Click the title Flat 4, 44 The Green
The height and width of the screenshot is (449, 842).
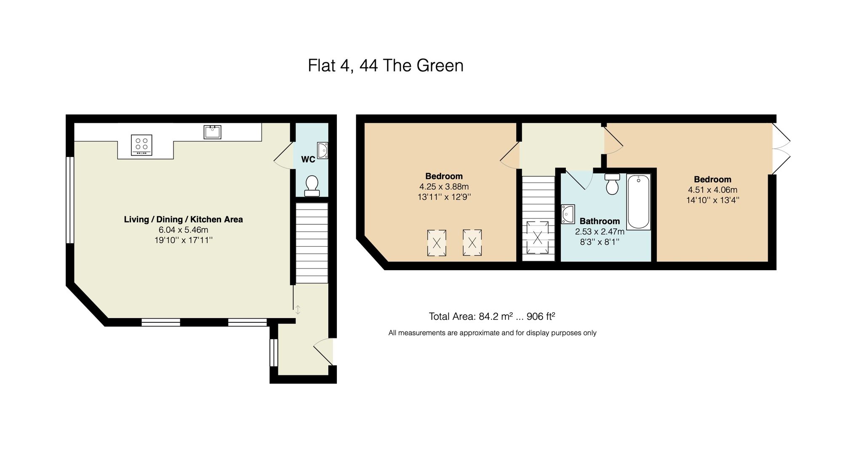coord(385,66)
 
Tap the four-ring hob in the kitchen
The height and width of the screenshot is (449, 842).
coord(141,145)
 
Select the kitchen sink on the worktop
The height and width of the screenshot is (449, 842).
coord(212,132)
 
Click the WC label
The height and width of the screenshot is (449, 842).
coord(308,159)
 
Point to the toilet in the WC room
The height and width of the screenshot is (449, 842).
coord(312,186)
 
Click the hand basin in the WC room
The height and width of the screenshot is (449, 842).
coord(322,150)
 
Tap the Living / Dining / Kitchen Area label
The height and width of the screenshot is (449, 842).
coord(183,219)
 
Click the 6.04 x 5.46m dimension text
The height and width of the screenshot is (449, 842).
coord(183,230)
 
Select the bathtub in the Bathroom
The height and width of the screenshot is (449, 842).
coord(639,202)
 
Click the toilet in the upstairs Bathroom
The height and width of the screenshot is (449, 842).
coord(612,184)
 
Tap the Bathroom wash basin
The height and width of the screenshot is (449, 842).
coord(568,214)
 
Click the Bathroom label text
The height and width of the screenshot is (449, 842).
coord(600,221)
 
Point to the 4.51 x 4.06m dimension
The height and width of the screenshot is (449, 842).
coord(712,190)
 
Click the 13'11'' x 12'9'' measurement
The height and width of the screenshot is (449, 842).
coord(444,197)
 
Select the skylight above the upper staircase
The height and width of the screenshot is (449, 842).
coord(538,237)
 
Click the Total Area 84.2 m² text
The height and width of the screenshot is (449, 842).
coord(491,316)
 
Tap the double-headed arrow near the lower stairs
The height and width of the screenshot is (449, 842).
coord(298,310)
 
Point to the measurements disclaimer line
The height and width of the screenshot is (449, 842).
coord(492,333)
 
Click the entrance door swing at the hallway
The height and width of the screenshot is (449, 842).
coord(323,352)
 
